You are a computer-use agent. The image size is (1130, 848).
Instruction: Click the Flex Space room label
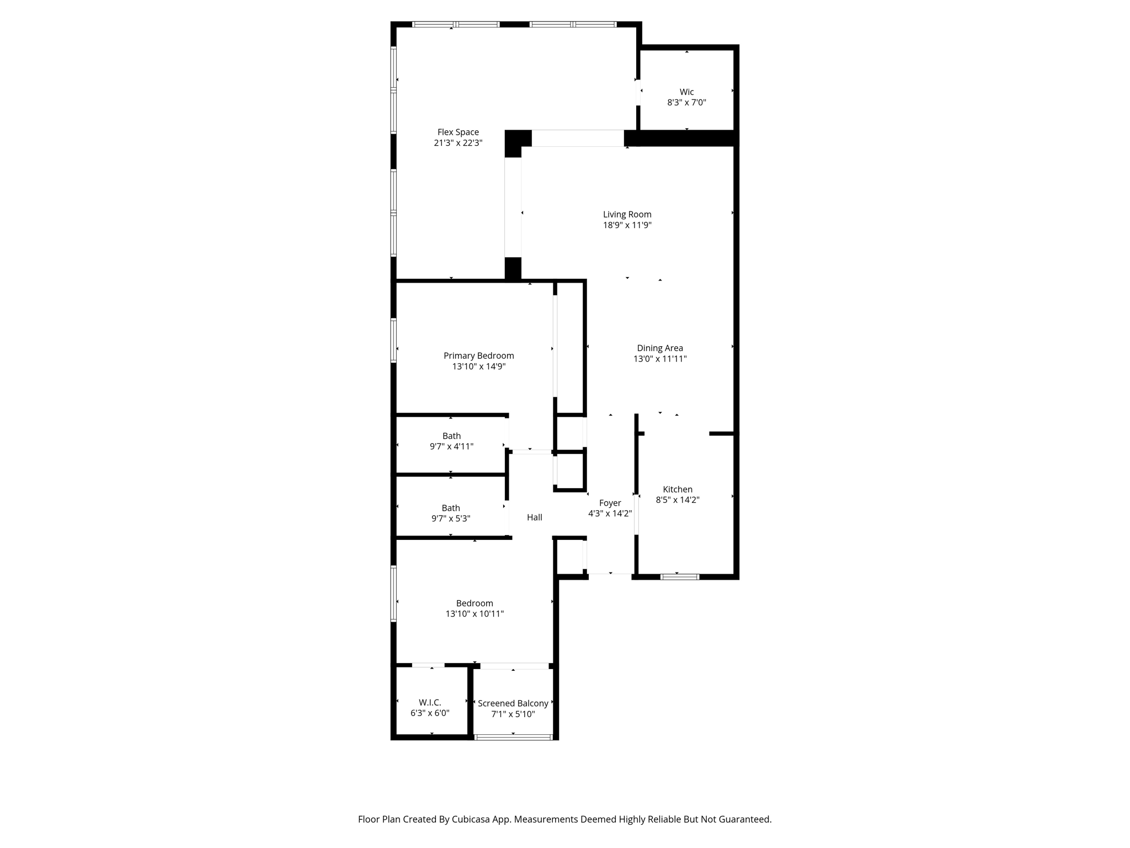tap(458, 132)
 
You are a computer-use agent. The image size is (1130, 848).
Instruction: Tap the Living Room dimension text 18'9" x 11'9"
tap(627, 225)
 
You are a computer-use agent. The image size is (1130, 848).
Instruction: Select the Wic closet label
tap(686, 92)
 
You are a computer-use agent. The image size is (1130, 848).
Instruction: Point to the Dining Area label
tap(660, 348)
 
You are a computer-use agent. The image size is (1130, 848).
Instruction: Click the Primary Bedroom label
tap(479, 356)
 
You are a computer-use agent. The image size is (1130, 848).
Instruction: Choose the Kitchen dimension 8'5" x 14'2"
tap(678, 500)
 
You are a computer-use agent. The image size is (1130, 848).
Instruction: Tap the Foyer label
tap(610, 504)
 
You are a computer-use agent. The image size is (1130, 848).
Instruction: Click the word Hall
tap(534, 517)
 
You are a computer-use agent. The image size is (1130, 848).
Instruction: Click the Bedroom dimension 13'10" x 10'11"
tap(475, 614)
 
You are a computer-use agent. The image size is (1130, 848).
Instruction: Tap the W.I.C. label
tap(430, 703)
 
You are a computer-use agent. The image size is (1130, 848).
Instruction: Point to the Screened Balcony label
tap(513, 704)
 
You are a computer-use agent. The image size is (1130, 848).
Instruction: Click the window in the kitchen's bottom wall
tap(680, 577)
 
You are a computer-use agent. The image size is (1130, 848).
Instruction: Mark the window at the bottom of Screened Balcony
tap(513, 737)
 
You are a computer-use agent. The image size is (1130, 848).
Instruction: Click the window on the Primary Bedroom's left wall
tap(393, 341)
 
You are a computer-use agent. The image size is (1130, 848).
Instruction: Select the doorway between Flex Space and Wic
tap(638, 93)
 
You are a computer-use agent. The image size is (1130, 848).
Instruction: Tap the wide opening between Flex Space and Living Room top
tap(578, 138)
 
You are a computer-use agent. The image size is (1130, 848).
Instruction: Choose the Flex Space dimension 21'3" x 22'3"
tap(458, 143)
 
